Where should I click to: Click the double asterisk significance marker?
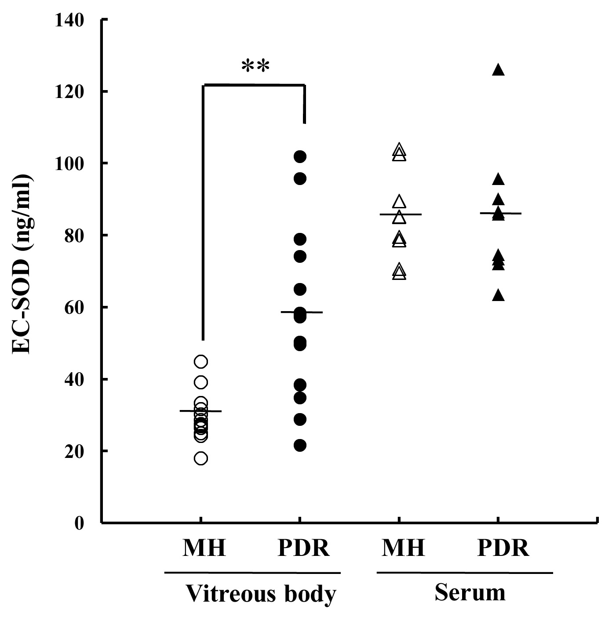[255, 66]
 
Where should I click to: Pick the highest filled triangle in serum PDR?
[498, 69]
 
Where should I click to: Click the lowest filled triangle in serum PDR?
[498, 295]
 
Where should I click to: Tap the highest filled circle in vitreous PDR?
[300, 156]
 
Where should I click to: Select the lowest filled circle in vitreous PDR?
[300, 446]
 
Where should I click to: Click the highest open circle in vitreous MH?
[200, 362]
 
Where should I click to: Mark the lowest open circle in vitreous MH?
[200, 459]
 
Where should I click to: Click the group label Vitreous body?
[261, 594]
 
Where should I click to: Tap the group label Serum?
[470, 593]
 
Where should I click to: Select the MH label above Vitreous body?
[204, 548]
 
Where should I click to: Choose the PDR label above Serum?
[503, 548]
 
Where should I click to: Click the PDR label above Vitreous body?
[303, 548]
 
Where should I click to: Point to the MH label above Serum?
[403, 548]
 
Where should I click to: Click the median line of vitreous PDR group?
[312, 312]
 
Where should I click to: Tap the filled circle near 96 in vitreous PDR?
[300, 178]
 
